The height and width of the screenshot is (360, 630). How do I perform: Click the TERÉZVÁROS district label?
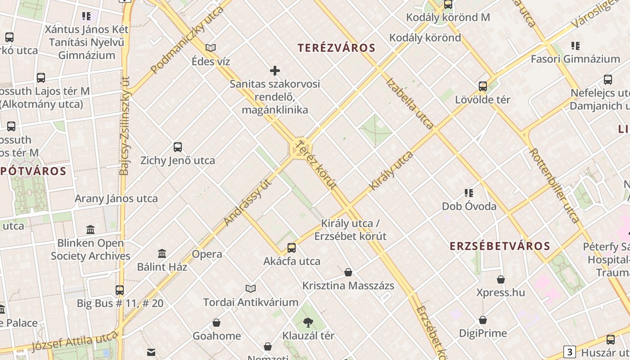point(336,48)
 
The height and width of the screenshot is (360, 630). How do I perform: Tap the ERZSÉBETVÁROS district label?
point(500,246)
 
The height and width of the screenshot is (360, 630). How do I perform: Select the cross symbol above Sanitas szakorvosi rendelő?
point(275,71)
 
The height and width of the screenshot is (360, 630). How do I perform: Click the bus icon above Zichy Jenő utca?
point(178,147)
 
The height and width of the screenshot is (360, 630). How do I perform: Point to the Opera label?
point(207,254)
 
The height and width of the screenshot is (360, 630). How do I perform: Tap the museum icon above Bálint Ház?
point(162,253)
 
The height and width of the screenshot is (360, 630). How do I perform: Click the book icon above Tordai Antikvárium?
point(251,288)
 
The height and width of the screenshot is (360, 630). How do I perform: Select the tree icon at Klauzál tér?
point(308,322)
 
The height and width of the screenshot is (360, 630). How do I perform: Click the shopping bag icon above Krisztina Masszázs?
point(348,272)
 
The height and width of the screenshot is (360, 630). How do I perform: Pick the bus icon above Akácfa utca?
point(292,247)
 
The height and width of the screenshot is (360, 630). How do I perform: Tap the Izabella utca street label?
point(410,103)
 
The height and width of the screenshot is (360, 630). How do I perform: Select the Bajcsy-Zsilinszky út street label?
point(125,126)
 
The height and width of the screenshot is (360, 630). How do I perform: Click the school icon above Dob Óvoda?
point(469,193)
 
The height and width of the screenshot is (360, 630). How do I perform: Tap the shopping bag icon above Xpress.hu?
point(501,279)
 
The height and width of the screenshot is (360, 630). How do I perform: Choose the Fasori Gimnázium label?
point(575,59)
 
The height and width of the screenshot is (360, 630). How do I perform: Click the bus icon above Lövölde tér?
point(483,86)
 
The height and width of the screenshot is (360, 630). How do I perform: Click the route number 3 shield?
point(570,352)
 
